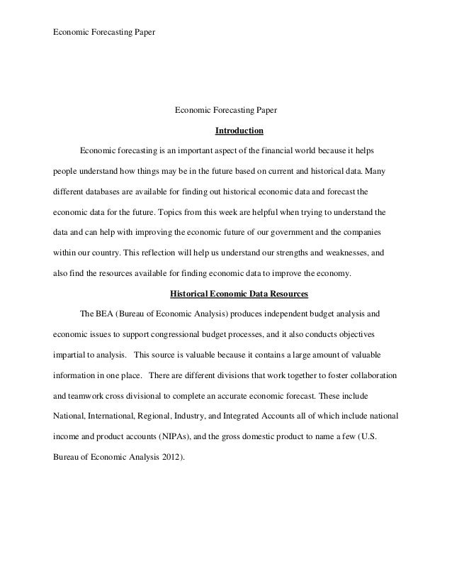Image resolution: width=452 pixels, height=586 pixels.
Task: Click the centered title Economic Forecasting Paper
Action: (x=226, y=111)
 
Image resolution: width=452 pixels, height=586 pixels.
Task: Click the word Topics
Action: (x=174, y=212)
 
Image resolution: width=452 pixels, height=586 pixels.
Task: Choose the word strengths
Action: (x=289, y=253)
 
